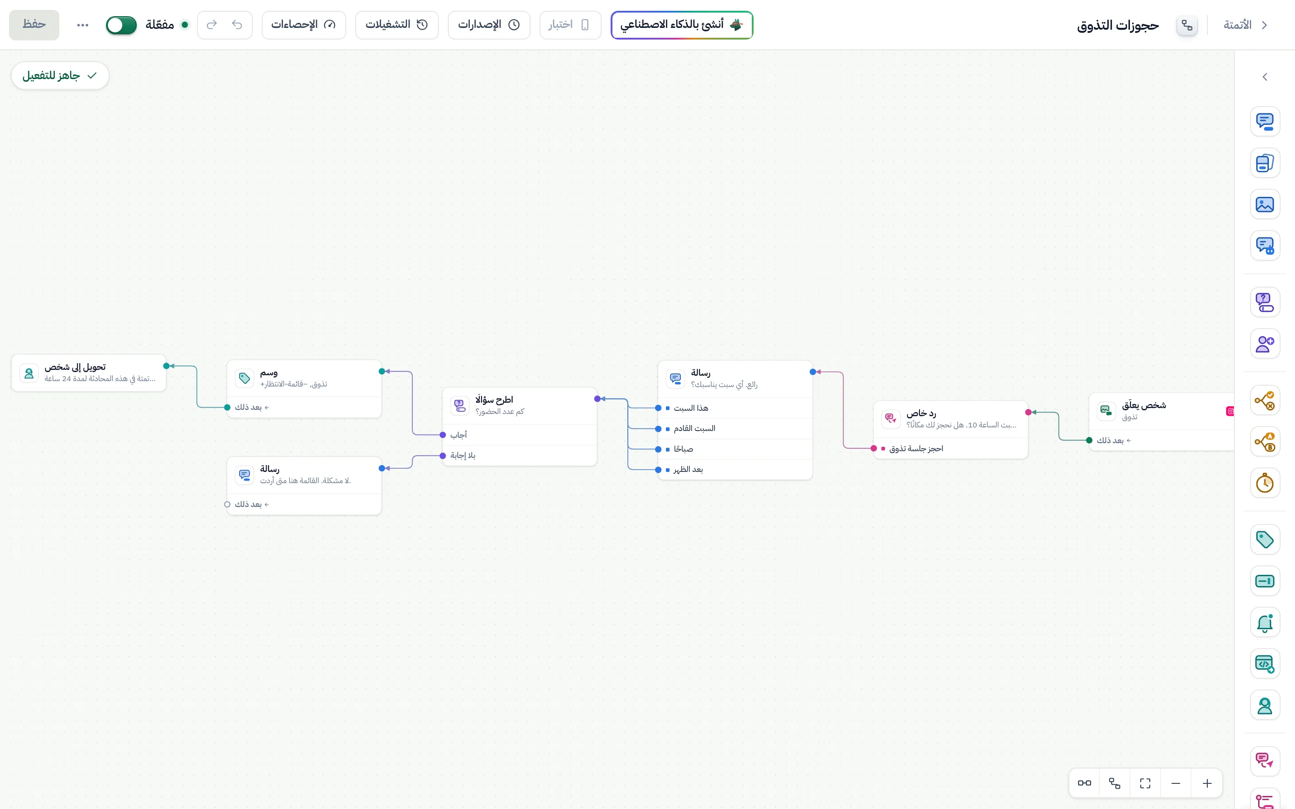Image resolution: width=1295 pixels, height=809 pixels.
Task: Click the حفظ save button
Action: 34,25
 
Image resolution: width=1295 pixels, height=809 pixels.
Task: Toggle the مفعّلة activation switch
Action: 121,25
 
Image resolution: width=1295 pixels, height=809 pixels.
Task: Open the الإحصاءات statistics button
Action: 304,25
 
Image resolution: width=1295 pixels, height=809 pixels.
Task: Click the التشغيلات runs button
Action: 397,25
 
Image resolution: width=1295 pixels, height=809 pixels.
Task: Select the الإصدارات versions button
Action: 489,25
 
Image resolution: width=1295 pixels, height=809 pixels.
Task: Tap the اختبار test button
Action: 570,25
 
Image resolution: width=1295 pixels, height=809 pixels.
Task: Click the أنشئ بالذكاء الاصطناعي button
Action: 682,25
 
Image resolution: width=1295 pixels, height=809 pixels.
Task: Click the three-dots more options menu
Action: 82,25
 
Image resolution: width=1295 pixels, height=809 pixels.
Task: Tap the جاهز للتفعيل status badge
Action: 60,76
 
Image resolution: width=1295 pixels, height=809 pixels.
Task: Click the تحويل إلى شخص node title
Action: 75,367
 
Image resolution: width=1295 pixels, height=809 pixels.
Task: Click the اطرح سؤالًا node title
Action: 494,400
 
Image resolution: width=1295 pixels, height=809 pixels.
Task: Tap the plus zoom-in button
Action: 1207,783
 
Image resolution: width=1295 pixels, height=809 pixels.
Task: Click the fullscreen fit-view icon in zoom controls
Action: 1145,783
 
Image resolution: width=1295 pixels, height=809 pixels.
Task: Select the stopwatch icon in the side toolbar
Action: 1264,483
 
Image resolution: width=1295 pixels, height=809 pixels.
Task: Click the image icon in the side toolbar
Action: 1264,204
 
